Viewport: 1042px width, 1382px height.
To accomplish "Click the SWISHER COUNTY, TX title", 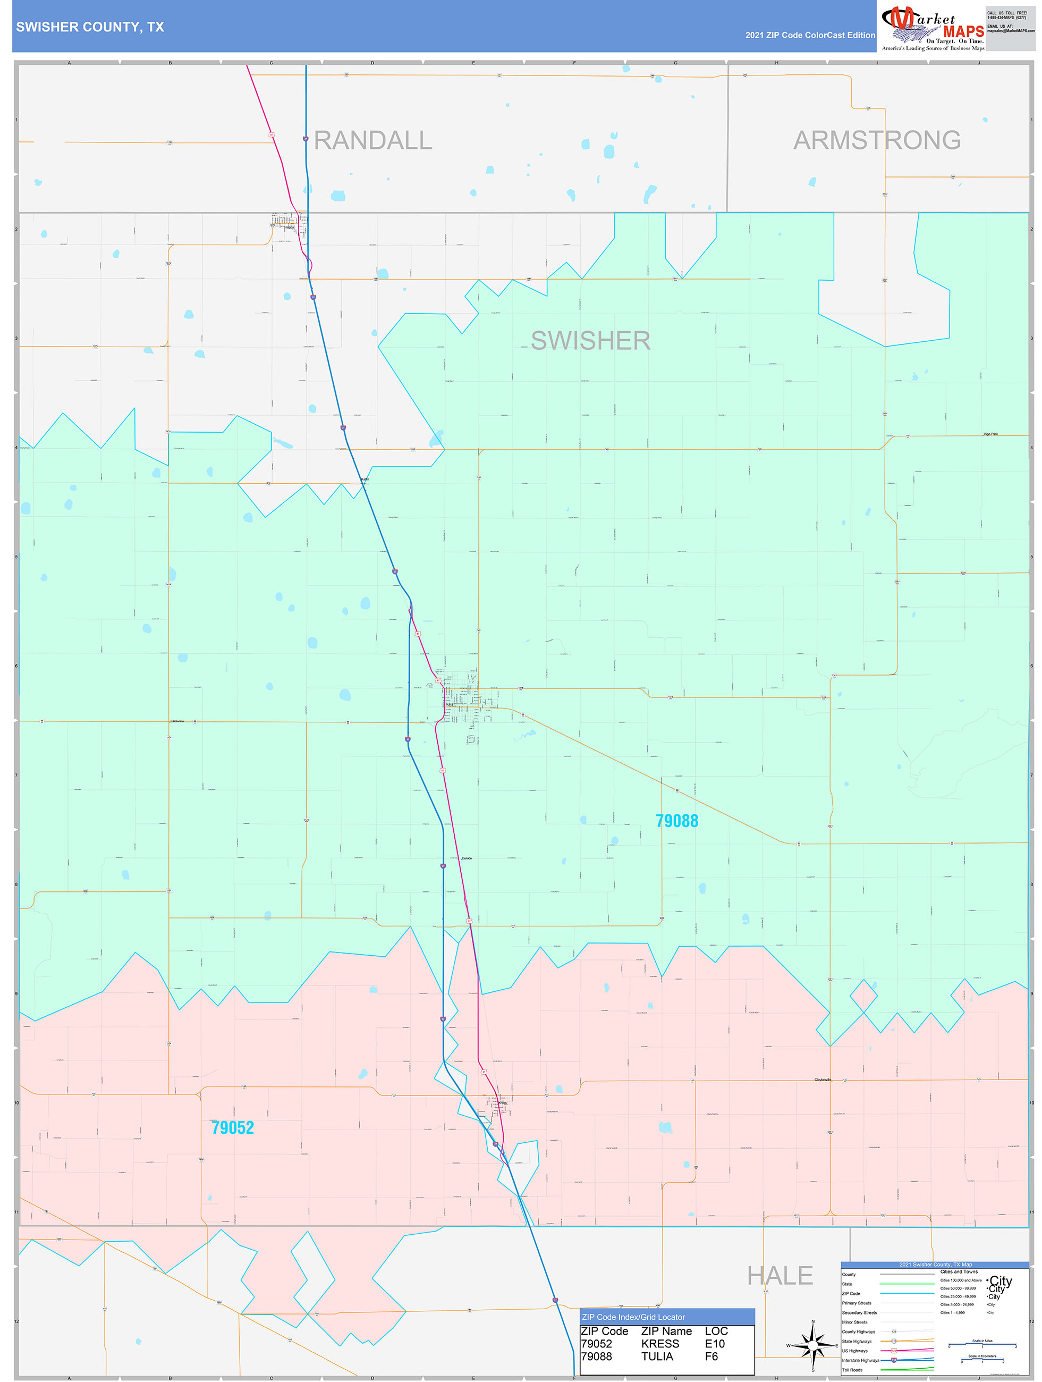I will (90, 27).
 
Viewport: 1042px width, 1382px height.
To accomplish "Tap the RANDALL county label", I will (373, 140).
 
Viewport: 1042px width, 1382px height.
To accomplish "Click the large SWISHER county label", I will (590, 341).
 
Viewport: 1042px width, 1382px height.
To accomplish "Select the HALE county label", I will (780, 1275).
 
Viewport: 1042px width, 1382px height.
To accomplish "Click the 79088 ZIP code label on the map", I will (676, 821).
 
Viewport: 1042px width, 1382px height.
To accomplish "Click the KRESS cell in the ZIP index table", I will (659, 1343).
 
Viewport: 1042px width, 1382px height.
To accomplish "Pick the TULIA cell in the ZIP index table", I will (657, 1356).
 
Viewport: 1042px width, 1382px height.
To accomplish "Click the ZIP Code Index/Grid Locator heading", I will (633, 1317).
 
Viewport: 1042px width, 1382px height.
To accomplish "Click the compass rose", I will (813, 1346).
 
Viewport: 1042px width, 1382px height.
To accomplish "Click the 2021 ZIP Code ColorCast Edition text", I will (810, 35).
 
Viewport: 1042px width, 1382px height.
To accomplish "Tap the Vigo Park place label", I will (990, 434).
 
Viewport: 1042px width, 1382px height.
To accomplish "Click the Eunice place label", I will (467, 858).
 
